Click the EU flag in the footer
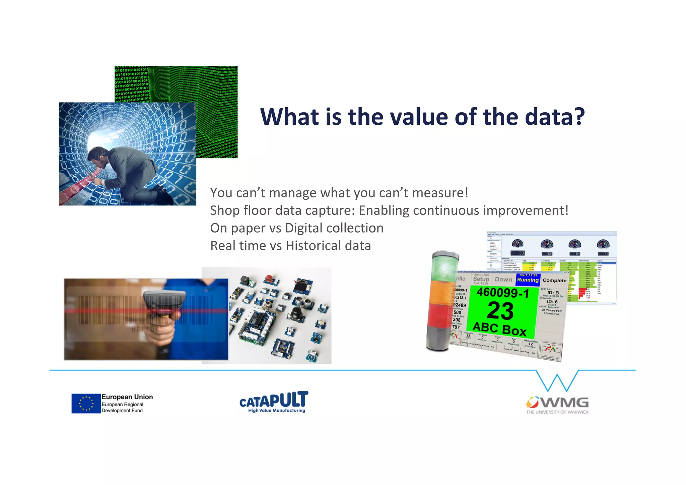tap(86, 403)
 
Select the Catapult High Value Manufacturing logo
tap(274, 402)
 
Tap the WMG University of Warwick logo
tap(557, 405)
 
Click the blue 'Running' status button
tap(528, 280)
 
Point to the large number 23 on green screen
tap(500, 311)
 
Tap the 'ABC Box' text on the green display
tap(499, 329)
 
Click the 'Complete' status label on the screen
tap(554, 280)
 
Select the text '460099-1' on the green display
tap(503, 293)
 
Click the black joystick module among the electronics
tap(297, 314)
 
